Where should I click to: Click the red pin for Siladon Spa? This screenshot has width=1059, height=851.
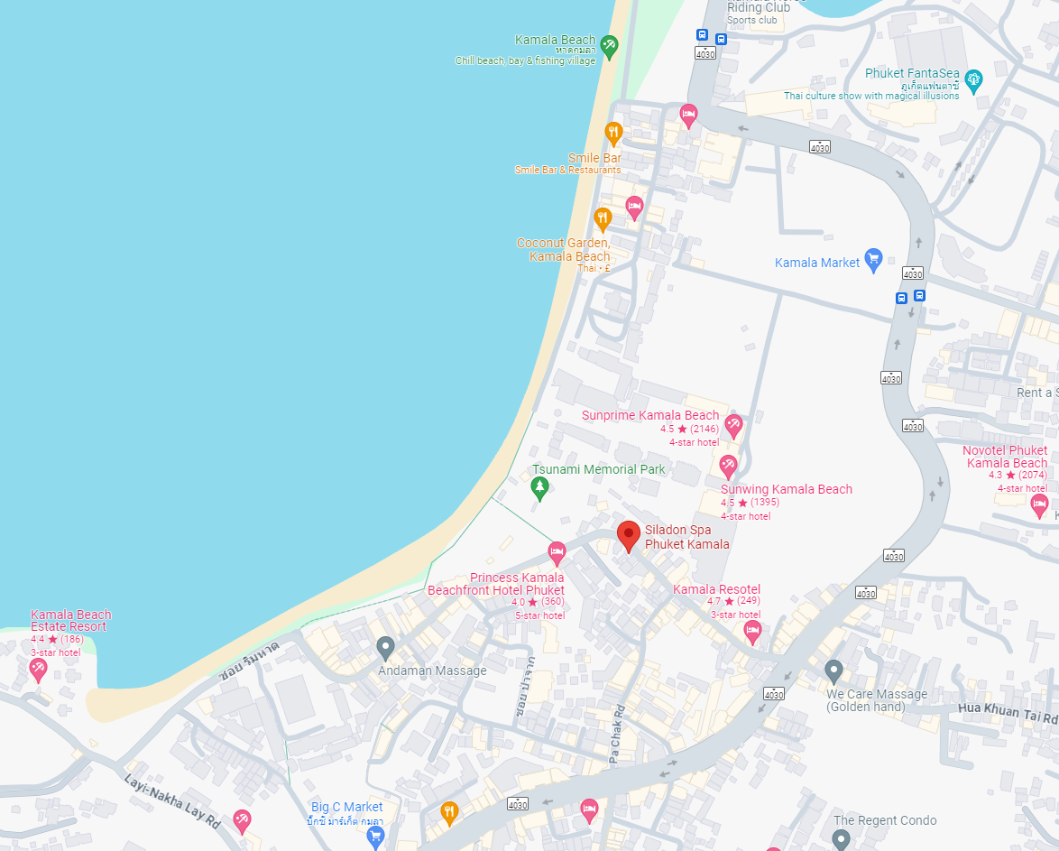629,535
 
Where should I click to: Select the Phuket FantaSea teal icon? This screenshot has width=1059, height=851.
973,79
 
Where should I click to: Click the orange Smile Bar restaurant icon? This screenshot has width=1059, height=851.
613,134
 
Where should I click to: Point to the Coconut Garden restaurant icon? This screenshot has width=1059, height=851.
603,218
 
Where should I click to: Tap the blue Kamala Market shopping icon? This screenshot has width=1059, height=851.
872,260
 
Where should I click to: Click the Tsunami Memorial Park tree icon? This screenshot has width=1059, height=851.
539,488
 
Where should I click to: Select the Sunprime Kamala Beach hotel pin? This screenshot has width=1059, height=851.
733,425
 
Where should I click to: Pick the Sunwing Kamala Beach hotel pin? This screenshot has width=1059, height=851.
728,467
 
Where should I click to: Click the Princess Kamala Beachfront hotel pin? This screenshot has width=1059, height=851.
557,551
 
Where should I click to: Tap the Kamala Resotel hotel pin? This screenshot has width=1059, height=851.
752,631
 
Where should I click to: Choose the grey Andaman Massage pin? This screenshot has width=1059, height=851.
386,647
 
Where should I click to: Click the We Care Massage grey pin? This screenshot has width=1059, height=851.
833,671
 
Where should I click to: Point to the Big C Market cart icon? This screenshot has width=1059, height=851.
375,837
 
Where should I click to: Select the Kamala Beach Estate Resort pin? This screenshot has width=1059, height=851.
38,669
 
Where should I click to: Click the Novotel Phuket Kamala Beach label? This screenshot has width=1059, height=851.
1005,457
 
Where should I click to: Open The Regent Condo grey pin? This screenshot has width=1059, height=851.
841,839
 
